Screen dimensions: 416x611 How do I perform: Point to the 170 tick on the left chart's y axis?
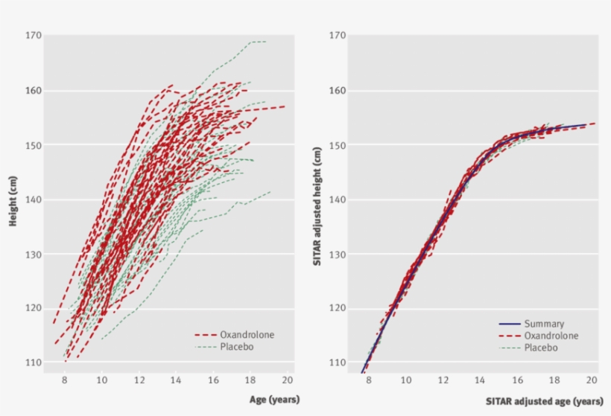point(32,36)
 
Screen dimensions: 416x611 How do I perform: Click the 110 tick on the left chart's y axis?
point(32,363)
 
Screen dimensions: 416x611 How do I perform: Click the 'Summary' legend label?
point(544,324)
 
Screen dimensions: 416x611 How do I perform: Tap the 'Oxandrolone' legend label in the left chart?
point(247,335)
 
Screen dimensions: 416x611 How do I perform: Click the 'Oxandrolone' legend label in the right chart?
point(551,336)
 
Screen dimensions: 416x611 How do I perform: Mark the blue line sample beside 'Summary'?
point(509,324)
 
